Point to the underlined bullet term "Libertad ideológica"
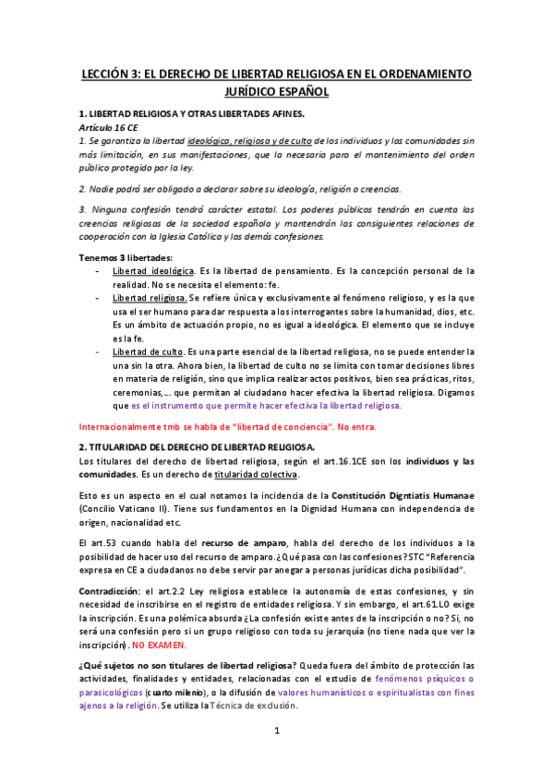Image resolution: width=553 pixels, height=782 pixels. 152,270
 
